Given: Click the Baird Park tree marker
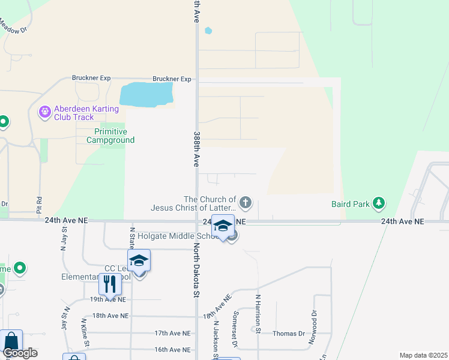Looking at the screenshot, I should [x=378, y=204].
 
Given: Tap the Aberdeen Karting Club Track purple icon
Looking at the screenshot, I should [x=44, y=112].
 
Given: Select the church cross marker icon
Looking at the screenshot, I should [x=245, y=203].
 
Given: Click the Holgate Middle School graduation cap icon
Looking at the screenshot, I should [x=223, y=226].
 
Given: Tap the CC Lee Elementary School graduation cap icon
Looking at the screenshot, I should [x=139, y=260].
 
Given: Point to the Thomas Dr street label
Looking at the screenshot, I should [x=289, y=334].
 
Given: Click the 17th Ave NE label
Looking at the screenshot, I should [x=172, y=333].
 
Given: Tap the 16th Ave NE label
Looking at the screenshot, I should [x=172, y=349].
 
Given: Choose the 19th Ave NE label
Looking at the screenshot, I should [x=109, y=299].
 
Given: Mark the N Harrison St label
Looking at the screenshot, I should [x=258, y=313].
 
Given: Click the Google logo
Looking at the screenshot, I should [x=20, y=353].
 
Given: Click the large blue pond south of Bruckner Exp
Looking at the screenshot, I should [x=146, y=95].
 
